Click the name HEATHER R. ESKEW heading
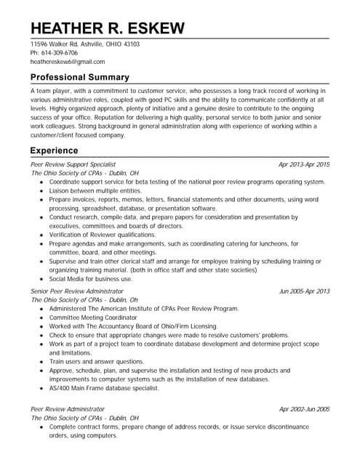(x=107, y=28)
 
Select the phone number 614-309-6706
(x=59, y=53)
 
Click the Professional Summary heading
(x=80, y=77)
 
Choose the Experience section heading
(x=55, y=150)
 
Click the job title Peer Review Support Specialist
(x=73, y=165)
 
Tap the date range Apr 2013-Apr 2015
(x=303, y=165)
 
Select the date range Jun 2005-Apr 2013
(x=303, y=291)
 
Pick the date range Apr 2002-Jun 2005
(x=303, y=409)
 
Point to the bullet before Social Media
(x=42, y=278)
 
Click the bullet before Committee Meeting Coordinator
(x=42, y=318)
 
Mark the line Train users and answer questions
(x=97, y=361)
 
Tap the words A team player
(x=51, y=90)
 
